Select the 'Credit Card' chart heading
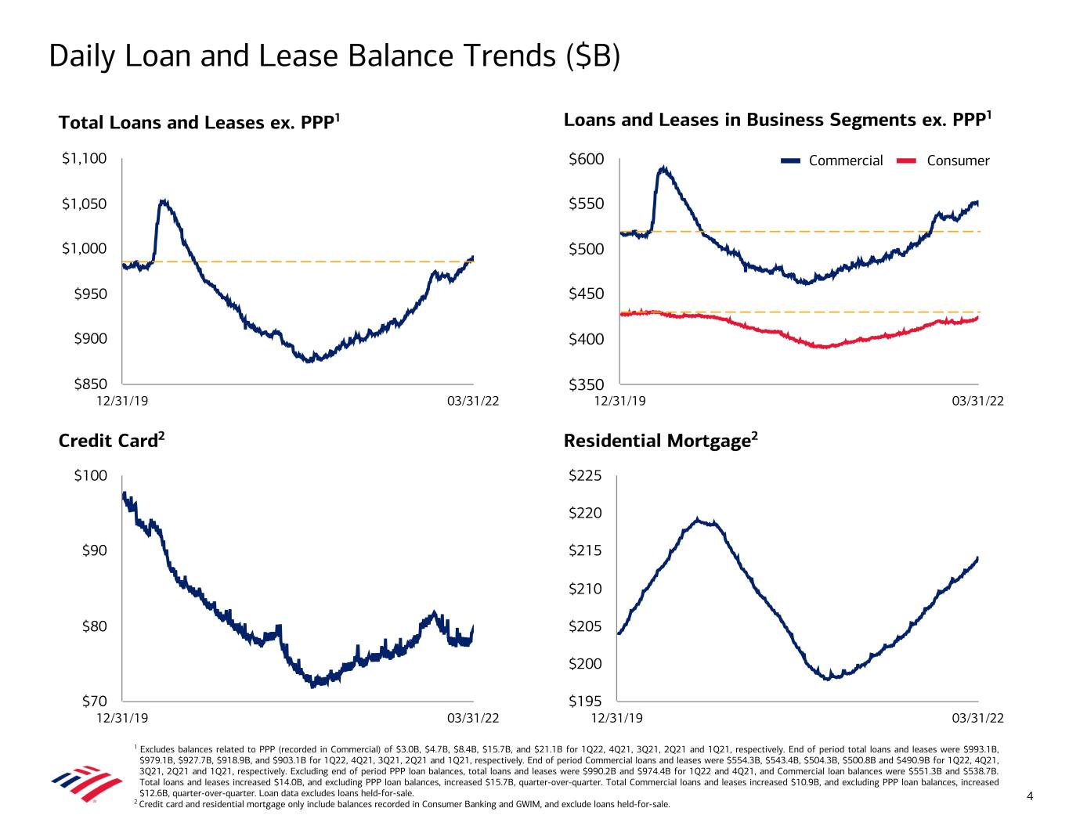coord(111,441)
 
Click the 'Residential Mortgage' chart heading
coord(661,441)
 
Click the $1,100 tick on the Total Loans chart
coord(84,159)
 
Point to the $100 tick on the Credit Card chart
coord(90,475)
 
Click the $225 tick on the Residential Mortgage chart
coord(586,475)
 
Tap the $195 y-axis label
coord(586,701)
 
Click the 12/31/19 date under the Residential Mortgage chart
coord(617,718)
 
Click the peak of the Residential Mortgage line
coord(697,519)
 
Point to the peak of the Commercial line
coord(664,167)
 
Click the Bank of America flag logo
coord(86,781)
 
